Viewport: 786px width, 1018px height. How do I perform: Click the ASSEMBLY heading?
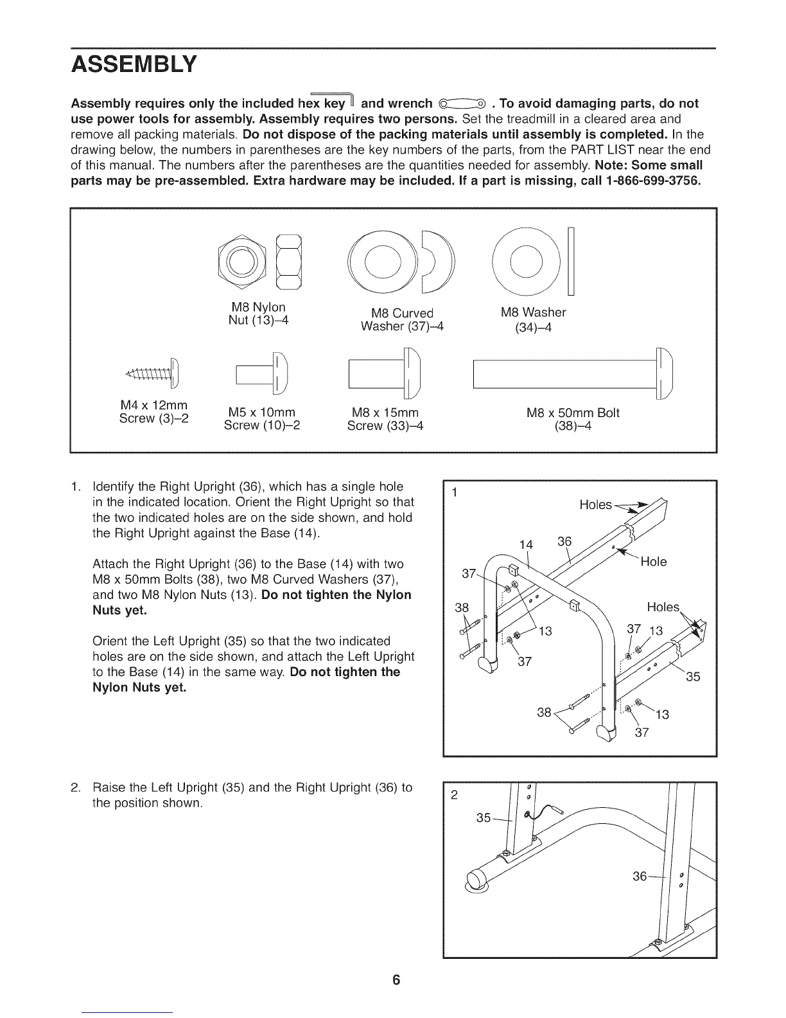pyautogui.click(x=134, y=64)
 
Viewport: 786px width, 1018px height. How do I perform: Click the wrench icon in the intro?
pyautogui.click(x=462, y=103)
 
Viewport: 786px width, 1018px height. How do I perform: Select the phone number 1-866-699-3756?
pyautogui.click(x=654, y=181)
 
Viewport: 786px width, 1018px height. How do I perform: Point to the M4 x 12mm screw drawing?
pyautogui.click(x=153, y=373)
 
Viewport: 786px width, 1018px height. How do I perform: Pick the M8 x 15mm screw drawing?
pyautogui.click(x=385, y=373)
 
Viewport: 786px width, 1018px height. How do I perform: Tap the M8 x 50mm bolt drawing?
pyautogui.click(x=573, y=373)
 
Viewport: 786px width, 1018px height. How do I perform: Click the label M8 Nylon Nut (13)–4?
pyautogui.click(x=258, y=314)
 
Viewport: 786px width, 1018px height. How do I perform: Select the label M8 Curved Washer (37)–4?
pyautogui.click(x=402, y=319)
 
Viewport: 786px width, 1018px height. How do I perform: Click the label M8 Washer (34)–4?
pyautogui.click(x=533, y=319)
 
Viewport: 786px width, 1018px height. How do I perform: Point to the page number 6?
pyautogui.click(x=396, y=979)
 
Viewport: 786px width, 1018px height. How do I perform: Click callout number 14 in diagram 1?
pyautogui.click(x=526, y=544)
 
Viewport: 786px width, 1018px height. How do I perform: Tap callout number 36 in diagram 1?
pyautogui.click(x=564, y=541)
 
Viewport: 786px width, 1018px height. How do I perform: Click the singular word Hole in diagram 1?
pyautogui.click(x=654, y=561)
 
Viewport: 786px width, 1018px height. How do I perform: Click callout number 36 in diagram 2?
pyautogui.click(x=640, y=876)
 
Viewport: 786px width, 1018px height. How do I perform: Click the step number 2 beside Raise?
pyautogui.click(x=75, y=787)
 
